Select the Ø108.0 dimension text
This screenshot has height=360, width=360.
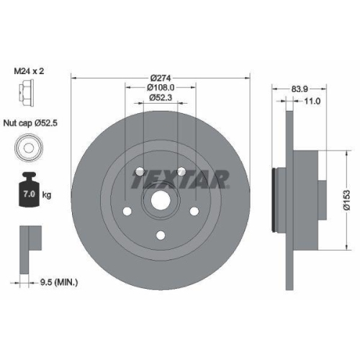(x=161, y=87)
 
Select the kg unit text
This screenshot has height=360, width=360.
(x=46, y=195)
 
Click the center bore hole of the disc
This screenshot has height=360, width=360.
(x=160, y=203)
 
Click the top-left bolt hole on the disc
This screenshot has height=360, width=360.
(x=138, y=171)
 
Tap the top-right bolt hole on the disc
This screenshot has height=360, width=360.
(x=182, y=171)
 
